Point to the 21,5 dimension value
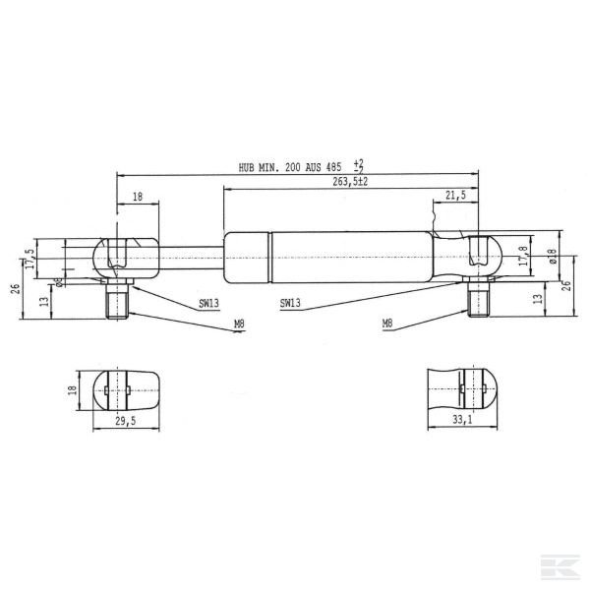pos(455,197)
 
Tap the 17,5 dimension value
pos(29,260)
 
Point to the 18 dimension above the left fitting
pos(138,197)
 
